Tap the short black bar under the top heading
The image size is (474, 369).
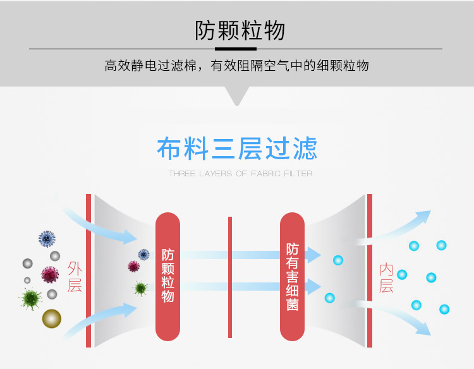236,48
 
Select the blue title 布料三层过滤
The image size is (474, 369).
237,149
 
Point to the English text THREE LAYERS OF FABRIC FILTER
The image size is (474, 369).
240,174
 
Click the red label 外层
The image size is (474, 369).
75,277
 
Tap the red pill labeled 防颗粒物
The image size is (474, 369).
167,275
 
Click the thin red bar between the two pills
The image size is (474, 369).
230,277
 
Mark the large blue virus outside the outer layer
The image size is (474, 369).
47,239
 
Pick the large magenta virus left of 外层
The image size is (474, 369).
50,274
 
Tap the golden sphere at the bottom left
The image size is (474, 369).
52,318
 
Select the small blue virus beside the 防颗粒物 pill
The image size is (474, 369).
143,255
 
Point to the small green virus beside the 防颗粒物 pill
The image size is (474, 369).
140,288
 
